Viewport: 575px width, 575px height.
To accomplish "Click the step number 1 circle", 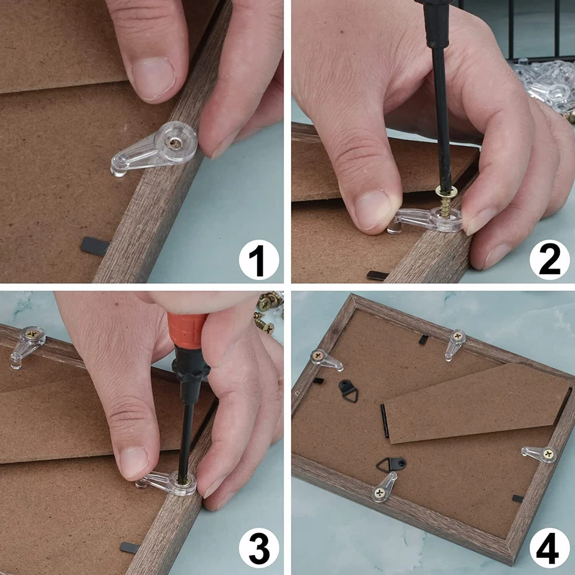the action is click(x=259, y=260).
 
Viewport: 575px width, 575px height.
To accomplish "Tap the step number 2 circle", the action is click(x=549, y=260).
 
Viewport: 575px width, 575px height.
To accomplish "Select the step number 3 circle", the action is click(x=259, y=548).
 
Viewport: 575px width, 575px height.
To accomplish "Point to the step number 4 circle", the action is click(x=549, y=548).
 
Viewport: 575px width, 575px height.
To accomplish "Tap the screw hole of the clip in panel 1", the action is click(x=175, y=142).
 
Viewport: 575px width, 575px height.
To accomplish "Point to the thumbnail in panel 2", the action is click(x=372, y=209).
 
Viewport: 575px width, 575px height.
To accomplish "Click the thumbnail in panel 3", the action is click(x=134, y=463).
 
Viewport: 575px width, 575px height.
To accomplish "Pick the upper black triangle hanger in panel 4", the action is click(x=348, y=391).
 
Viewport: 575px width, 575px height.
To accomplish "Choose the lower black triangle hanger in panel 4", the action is click(x=391, y=465).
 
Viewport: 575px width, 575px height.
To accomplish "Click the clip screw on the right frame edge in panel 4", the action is click(x=549, y=455).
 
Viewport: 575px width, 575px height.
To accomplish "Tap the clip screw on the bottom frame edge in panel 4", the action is click(x=380, y=493).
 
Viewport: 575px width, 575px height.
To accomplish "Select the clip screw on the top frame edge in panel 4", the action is click(x=457, y=336).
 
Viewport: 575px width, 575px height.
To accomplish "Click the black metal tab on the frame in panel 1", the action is click(x=95, y=246).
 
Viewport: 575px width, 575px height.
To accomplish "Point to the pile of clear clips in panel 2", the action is click(x=545, y=86).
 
